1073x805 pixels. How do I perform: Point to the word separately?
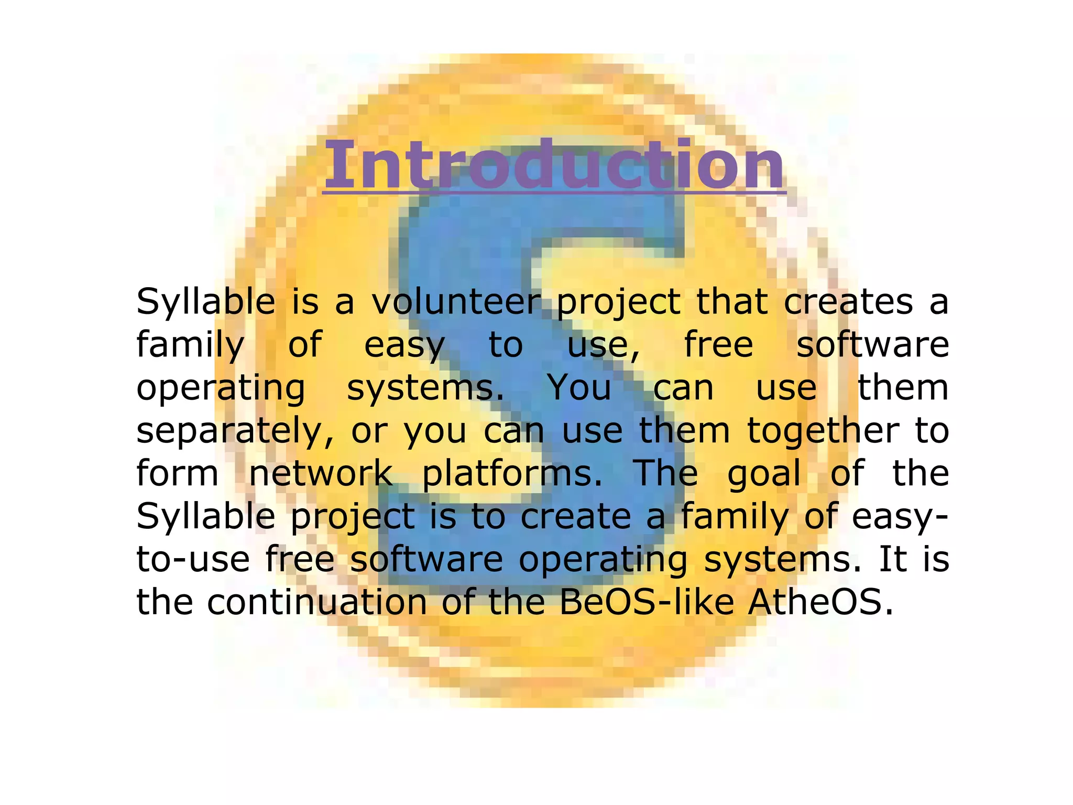pos(235,431)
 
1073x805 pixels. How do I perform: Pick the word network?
pos(320,473)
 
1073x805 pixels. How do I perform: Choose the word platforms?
pos(512,474)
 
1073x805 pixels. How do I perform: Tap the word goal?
pos(764,474)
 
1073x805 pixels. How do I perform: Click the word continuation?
pos(317,602)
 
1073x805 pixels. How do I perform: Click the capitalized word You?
pos(579,388)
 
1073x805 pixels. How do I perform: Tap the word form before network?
pos(177,473)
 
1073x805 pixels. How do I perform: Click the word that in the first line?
pos(732,302)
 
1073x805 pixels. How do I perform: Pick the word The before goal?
pos(665,473)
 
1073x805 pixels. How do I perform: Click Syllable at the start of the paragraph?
pos(206,303)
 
